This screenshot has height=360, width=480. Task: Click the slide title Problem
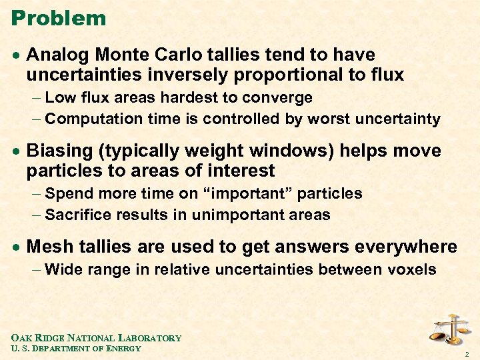[x=59, y=18]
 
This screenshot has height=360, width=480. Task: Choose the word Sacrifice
[x=80, y=215]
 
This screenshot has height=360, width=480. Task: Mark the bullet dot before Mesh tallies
[x=15, y=247]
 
